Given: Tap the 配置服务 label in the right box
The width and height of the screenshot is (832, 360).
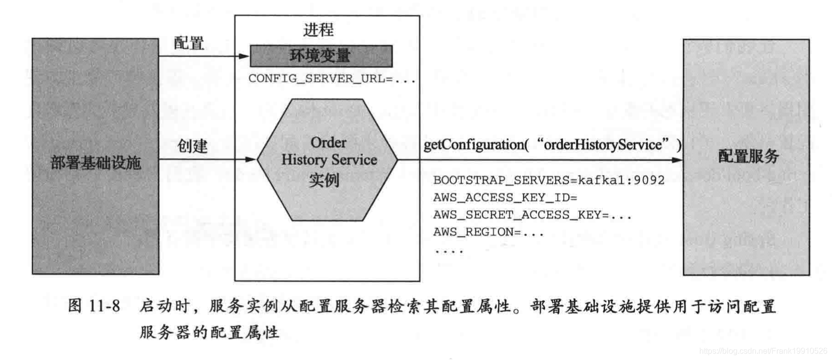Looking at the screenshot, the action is [x=748, y=157].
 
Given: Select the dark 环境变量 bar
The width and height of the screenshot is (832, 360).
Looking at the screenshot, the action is [x=321, y=56].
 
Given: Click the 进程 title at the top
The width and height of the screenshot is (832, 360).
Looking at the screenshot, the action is [x=318, y=30].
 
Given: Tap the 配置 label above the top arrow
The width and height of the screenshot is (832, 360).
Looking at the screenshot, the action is [x=189, y=43].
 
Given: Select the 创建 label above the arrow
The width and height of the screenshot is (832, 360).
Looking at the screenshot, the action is [x=192, y=146].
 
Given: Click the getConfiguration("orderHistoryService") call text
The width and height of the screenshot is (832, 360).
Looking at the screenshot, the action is [x=552, y=145].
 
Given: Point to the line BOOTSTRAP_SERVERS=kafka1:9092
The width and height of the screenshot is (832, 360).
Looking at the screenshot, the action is [x=549, y=180].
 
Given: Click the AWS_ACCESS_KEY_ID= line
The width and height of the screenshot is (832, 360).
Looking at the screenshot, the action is [x=505, y=197].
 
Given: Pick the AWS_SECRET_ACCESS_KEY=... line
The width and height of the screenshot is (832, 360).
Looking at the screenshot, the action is [x=532, y=215].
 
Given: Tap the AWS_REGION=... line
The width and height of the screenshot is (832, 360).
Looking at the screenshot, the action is [x=489, y=232].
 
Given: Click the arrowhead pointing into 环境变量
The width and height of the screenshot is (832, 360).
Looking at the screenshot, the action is [x=244, y=56].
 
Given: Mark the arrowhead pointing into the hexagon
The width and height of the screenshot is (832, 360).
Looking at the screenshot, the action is [x=251, y=160].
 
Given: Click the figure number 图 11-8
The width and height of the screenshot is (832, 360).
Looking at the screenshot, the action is [x=94, y=306].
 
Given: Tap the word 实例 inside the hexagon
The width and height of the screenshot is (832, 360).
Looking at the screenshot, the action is [x=324, y=180].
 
